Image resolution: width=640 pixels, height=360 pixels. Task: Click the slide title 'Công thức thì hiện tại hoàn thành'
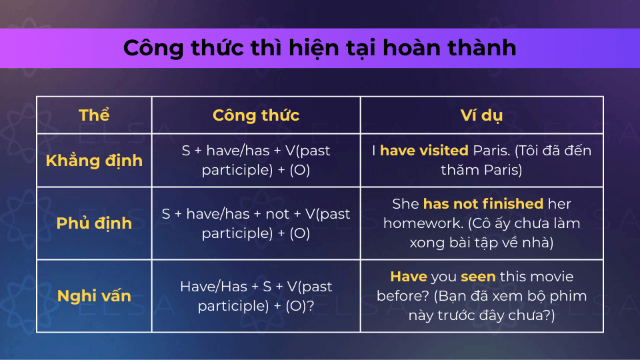pos(319,48)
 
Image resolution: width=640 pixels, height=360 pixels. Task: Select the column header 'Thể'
pos(94,115)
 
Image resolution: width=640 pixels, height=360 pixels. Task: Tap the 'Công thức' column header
pos(256,115)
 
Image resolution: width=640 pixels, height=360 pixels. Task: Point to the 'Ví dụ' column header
pos(481,115)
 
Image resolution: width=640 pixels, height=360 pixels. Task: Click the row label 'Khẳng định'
pos(94,161)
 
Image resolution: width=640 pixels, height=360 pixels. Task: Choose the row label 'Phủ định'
pos(94,223)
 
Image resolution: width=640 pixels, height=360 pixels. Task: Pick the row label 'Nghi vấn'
pos(94,296)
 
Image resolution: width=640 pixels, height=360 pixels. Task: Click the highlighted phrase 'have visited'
pos(424,151)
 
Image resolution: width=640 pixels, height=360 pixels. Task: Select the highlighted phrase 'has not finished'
pos(483,204)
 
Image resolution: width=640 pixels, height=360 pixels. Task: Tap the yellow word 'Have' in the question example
pos(409,277)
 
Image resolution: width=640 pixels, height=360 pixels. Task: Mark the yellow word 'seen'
pos(478,277)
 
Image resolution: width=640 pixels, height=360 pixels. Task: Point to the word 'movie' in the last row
pos(552,277)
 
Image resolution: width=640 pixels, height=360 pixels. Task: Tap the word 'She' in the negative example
pos(405,204)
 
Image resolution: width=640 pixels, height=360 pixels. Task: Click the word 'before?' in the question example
pos(403,296)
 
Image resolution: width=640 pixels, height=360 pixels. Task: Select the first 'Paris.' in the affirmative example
pos(491,151)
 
